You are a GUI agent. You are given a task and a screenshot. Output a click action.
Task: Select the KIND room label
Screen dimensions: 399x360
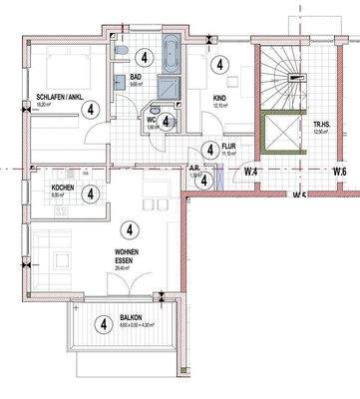pyautogui.click(x=220, y=98)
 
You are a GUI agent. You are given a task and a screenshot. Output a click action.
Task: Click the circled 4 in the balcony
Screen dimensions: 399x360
pyautogui.click(x=103, y=323)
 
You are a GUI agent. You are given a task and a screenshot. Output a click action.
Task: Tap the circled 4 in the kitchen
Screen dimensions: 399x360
pyautogui.click(x=91, y=194)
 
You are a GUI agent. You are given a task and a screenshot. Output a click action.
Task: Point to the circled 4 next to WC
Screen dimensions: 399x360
pyautogui.click(x=168, y=121)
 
